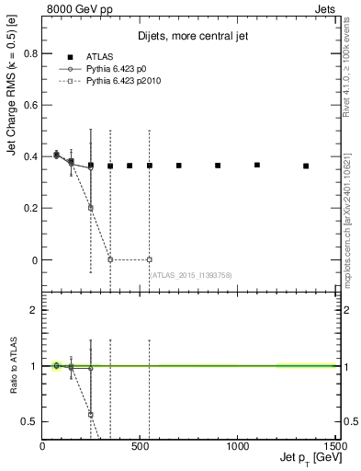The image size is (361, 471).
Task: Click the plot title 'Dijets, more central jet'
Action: pyautogui.click(x=190, y=37)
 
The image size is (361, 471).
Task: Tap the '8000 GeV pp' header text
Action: pyautogui.click(x=80, y=8)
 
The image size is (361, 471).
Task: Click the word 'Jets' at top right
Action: pyautogui.click(x=325, y=8)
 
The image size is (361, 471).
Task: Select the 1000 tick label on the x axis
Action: pyautogui.click(x=238, y=447)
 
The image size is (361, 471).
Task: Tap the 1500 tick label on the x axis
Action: pyautogui.click(x=335, y=447)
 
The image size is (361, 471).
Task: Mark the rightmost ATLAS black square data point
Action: pyautogui.click(x=306, y=167)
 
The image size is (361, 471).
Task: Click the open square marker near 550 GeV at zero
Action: pyautogui.click(x=149, y=259)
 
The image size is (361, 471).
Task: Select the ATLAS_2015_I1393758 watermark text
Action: pyautogui.click(x=191, y=275)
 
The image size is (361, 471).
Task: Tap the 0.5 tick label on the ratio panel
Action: pyautogui.click(x=28, y=421)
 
